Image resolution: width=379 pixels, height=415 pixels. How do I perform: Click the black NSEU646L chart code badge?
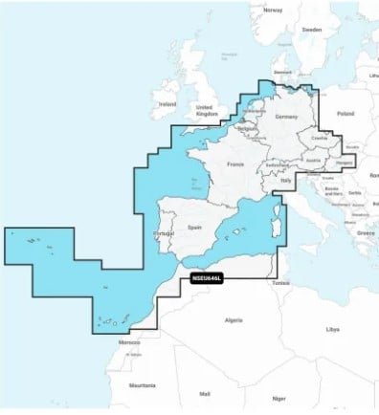point(206,278)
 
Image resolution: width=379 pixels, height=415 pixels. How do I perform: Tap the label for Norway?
point(273,10)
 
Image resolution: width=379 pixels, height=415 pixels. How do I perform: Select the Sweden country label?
point(311,30)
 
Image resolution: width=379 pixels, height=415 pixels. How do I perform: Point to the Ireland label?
point(168,103)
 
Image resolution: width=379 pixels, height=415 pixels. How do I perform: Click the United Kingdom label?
point(207,110)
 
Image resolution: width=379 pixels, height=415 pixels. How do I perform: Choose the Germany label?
point(287,116)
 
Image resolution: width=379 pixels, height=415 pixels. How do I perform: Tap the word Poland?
point(345,114)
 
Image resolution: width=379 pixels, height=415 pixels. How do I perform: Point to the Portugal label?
point(163,233)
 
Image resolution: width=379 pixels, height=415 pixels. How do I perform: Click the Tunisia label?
point(279,282)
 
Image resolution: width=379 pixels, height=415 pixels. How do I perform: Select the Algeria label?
point(233,319)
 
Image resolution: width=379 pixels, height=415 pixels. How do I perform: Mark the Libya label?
point(332,329)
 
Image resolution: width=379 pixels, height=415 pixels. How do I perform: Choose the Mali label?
point(204,393)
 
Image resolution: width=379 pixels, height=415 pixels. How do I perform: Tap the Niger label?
point(278,398)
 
